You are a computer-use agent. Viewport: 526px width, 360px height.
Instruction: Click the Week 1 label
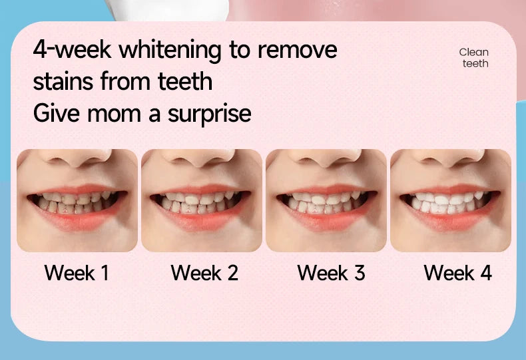77,273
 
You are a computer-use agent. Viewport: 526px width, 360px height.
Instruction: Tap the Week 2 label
204,273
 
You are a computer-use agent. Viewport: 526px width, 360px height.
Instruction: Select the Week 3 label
331,273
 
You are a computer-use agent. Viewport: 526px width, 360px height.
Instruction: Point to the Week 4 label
457,273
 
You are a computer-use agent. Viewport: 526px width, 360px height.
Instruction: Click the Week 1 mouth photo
77,200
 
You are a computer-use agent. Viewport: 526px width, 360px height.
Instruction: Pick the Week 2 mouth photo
202,200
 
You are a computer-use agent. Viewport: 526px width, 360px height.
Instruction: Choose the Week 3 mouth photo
326,200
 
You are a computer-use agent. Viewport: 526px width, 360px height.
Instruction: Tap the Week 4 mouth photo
451,200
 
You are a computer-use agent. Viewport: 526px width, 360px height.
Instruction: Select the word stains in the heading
64,82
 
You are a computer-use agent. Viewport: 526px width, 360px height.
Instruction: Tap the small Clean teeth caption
474,58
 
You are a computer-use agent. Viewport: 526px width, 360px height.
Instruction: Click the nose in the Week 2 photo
202,163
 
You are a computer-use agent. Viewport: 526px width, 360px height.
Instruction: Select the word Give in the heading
57,113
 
